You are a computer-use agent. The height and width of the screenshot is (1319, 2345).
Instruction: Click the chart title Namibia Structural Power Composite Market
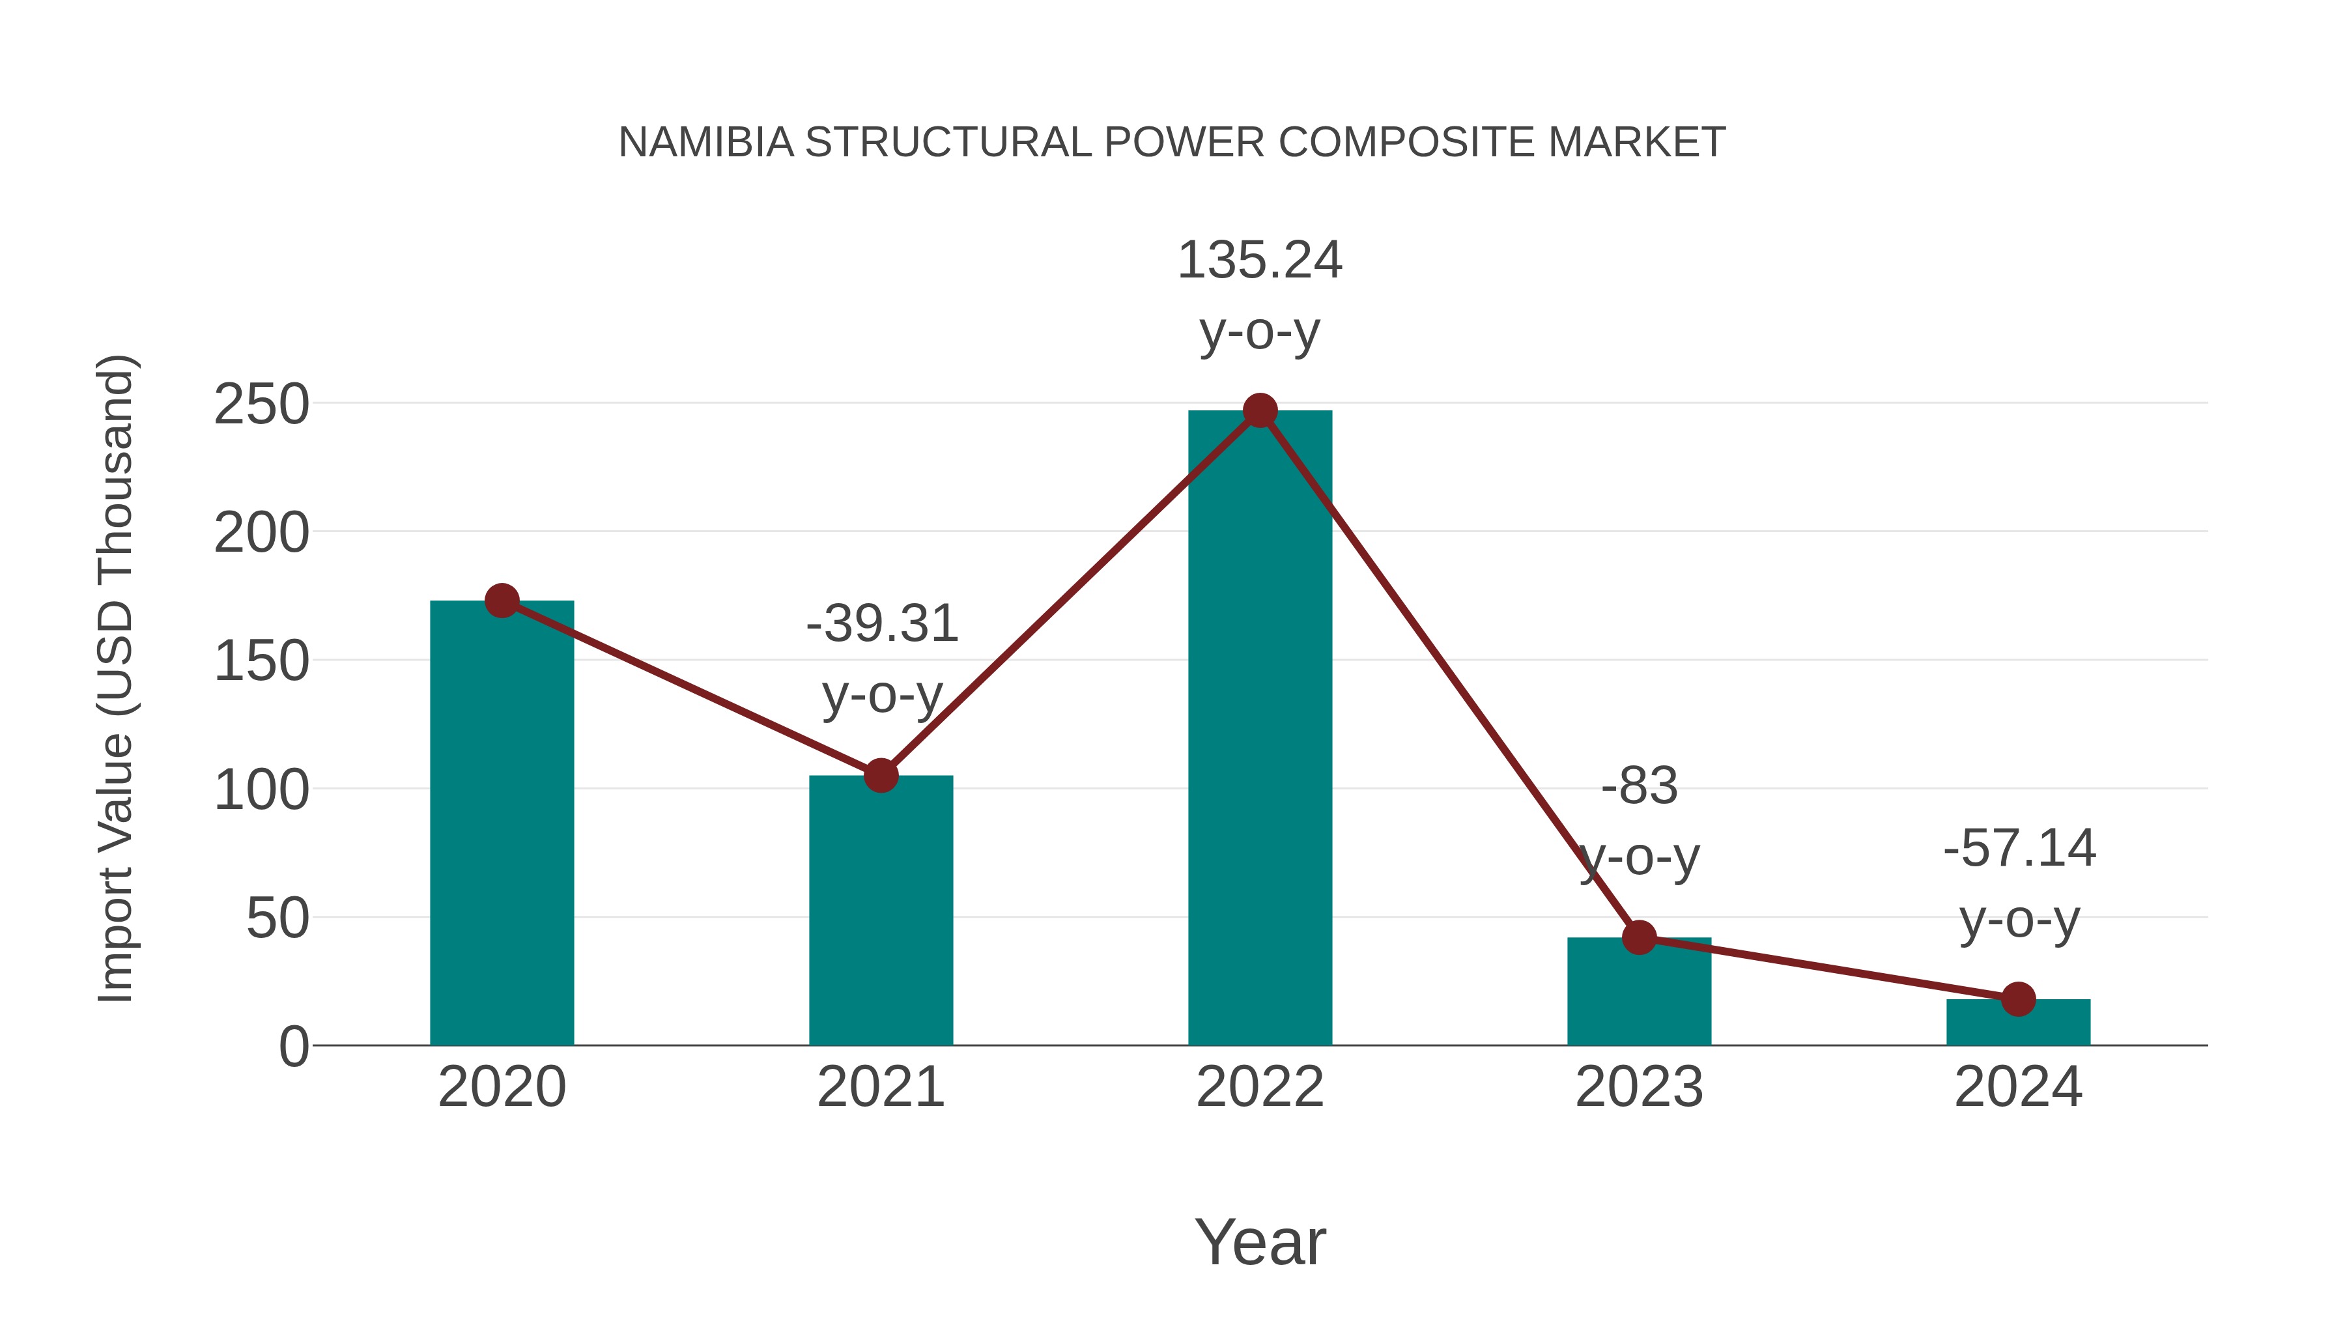click(1172, 143)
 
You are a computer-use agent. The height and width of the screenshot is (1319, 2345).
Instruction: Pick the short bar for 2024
click(2018, 1024)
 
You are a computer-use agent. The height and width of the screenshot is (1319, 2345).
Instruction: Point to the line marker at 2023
click(1639, 937)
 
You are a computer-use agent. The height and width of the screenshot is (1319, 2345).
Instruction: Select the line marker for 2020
click(502, 601)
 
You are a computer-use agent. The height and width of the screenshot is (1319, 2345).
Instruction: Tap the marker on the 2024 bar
click(2018, 999)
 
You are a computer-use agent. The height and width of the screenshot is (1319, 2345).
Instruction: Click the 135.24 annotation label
click(1260, 261)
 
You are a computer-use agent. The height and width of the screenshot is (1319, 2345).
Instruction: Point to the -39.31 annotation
click(881, 625)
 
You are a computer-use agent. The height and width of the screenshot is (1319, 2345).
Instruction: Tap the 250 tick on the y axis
click(261, 405)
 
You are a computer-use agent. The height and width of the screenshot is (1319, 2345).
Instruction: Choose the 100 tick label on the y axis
click(261, 790)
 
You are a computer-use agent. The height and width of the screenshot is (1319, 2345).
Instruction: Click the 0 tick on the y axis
click(293, 1047)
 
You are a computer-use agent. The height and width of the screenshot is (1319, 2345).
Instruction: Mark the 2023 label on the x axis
click(1639, 1088)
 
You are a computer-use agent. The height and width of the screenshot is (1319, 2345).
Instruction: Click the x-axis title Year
click(1260, 1243)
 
